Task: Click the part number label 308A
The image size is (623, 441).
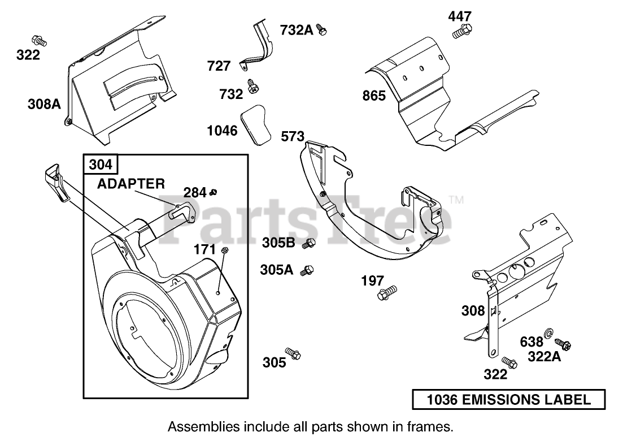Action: tap(44, 104)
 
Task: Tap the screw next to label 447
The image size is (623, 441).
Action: tap(461, 31)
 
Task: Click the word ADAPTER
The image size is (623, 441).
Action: tap(130, 183)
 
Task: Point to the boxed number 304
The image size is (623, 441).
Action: tap(102, 165)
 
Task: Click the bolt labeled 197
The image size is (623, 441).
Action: tap(387, 292)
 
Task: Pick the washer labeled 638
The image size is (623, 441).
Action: tap(548, 332)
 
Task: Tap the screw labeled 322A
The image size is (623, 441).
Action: tap(563, 343)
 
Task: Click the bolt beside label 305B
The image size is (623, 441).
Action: tap(309, 244)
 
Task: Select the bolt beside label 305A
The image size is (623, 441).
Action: tap(307, 271)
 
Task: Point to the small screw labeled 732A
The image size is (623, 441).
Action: tap(321, 29)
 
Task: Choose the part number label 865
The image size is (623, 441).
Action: tap(374, 96)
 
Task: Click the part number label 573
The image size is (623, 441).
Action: tap(293, 136)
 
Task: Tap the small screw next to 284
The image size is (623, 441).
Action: tap(213, 193)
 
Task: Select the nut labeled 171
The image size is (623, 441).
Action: tap(224, 250)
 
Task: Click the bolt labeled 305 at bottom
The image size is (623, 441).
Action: tap(293, 354)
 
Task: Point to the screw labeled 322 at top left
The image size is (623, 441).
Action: tap(39, 41)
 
